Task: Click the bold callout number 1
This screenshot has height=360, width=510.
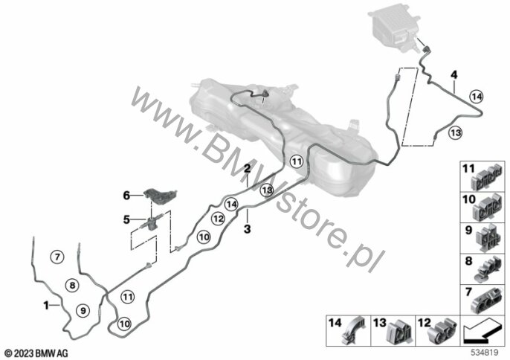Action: (46, 304)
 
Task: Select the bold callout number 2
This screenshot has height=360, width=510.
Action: (246, 169)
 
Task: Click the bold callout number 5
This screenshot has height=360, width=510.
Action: (127, 219)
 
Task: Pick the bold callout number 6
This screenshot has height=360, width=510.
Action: (127, 195)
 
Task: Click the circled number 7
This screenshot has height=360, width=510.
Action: (57, 257)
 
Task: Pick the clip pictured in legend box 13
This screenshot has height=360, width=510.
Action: (401, 330)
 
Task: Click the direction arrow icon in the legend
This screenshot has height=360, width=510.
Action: (481, 330)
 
